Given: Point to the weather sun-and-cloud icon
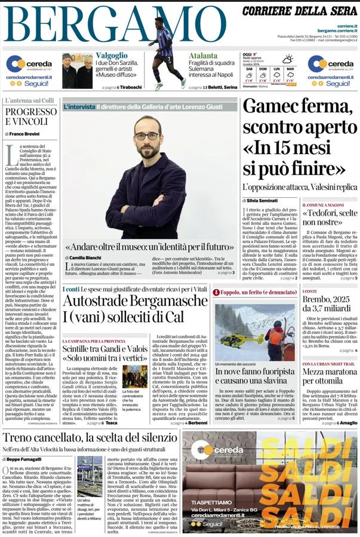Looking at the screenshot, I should pos(288,59).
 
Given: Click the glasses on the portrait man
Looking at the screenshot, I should pos(147,136).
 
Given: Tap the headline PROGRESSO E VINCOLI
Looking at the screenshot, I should pos(30,116).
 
